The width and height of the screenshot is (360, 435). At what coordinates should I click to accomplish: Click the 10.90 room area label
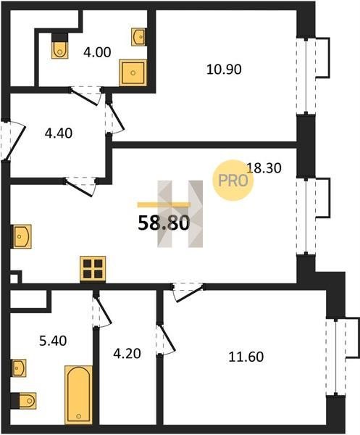224,69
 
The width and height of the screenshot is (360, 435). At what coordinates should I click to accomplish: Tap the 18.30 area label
264,168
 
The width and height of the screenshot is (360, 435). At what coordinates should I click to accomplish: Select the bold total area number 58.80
164,223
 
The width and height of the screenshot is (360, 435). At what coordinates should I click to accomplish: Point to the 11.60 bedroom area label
246,357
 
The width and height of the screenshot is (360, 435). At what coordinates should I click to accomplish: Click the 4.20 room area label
127,354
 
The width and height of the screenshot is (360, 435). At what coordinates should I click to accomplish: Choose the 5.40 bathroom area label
53,341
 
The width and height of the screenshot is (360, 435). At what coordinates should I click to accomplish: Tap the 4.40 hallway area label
59,133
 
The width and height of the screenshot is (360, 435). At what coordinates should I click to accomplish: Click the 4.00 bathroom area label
97,52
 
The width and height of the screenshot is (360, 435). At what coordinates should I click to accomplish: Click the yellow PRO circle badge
233,181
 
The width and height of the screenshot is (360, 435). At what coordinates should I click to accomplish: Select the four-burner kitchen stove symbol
93,269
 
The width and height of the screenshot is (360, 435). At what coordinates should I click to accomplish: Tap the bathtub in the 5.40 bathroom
79,394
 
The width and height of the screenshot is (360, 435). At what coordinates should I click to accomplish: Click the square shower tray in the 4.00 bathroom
133,72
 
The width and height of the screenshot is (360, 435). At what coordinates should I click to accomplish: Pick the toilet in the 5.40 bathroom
25,401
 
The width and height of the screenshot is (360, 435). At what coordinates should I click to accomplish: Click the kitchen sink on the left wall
22,236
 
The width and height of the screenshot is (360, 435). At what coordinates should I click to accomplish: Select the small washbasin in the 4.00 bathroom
138,37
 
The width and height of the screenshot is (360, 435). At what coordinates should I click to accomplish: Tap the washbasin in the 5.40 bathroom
19,368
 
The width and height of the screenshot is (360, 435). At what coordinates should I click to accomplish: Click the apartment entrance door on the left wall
13,140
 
